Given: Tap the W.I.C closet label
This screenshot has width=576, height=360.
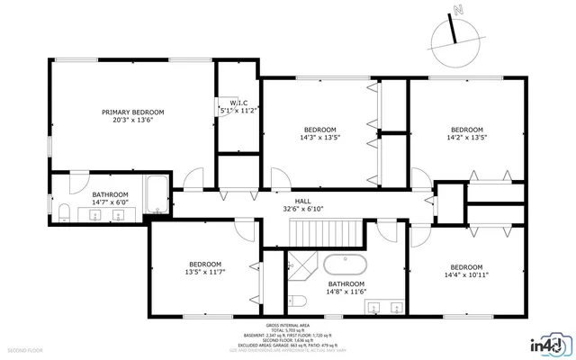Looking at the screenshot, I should (238, 103).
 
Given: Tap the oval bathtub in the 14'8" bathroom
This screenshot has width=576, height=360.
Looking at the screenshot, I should (345, 265).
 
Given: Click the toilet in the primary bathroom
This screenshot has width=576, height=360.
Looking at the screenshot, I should (65, 212).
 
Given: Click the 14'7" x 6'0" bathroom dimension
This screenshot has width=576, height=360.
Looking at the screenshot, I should (110, 202).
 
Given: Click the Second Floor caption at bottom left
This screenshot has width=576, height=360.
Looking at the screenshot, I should (24, 347).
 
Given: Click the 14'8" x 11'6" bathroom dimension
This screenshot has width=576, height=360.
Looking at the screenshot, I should (346, 291).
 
